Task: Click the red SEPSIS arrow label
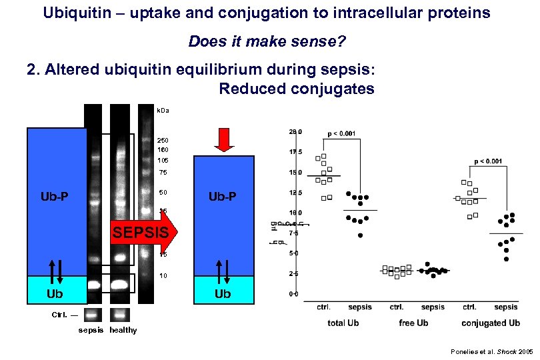coord(140,233)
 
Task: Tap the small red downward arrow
coord(224,139)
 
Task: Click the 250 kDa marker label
coord(162,141)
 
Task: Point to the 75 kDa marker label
coord(162,173)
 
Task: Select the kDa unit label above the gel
coord(162,110)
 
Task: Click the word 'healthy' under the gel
coord(123,330)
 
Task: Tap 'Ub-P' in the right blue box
coord(223,197)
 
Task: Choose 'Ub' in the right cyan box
coord(223,294)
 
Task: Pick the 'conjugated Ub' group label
coord(490,323)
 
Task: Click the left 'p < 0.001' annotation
coord(341,133)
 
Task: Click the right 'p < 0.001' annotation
coord(488,161)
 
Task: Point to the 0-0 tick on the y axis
coord(294,293)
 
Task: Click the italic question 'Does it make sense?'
coord(267,42)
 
